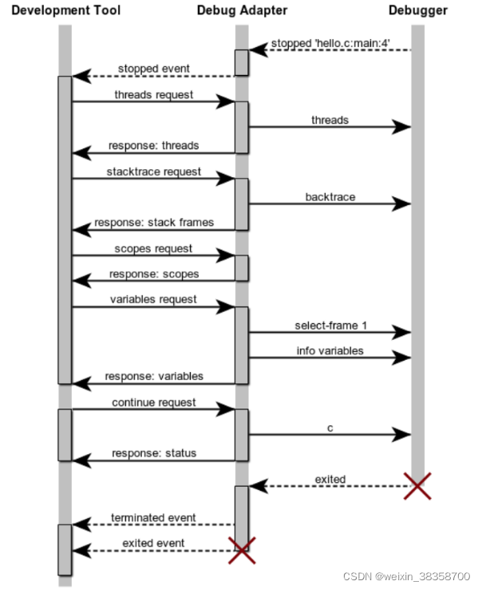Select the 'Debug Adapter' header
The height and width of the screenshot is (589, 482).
click(x=242, y=10)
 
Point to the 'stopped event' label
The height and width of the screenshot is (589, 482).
click(x=154, y=69)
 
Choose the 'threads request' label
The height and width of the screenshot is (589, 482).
click(x=154, y=94)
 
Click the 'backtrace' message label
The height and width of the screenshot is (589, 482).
click(x=330, y=196)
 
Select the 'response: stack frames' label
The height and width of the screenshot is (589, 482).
click(x=154, y=222)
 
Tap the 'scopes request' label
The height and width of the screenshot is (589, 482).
click(x=154, y=248)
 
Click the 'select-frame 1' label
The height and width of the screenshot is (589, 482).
click(x=330, y=325)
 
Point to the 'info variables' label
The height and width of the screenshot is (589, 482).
click(x=330, y=350)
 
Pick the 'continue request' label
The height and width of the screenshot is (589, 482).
click(x=154, y=402)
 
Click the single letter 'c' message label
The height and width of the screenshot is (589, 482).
click(x=330, y=428)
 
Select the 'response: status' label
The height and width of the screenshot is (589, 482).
click(x=154, y=453)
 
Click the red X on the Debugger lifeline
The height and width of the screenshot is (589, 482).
click(x=417, y=485)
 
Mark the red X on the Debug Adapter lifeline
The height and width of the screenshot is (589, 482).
click(x=242, y=550)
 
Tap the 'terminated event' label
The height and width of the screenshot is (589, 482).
click(x=154, y=517)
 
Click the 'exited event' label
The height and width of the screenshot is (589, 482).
click(x=154, y=543)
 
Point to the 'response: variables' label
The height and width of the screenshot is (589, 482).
click(x=154, y=376)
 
